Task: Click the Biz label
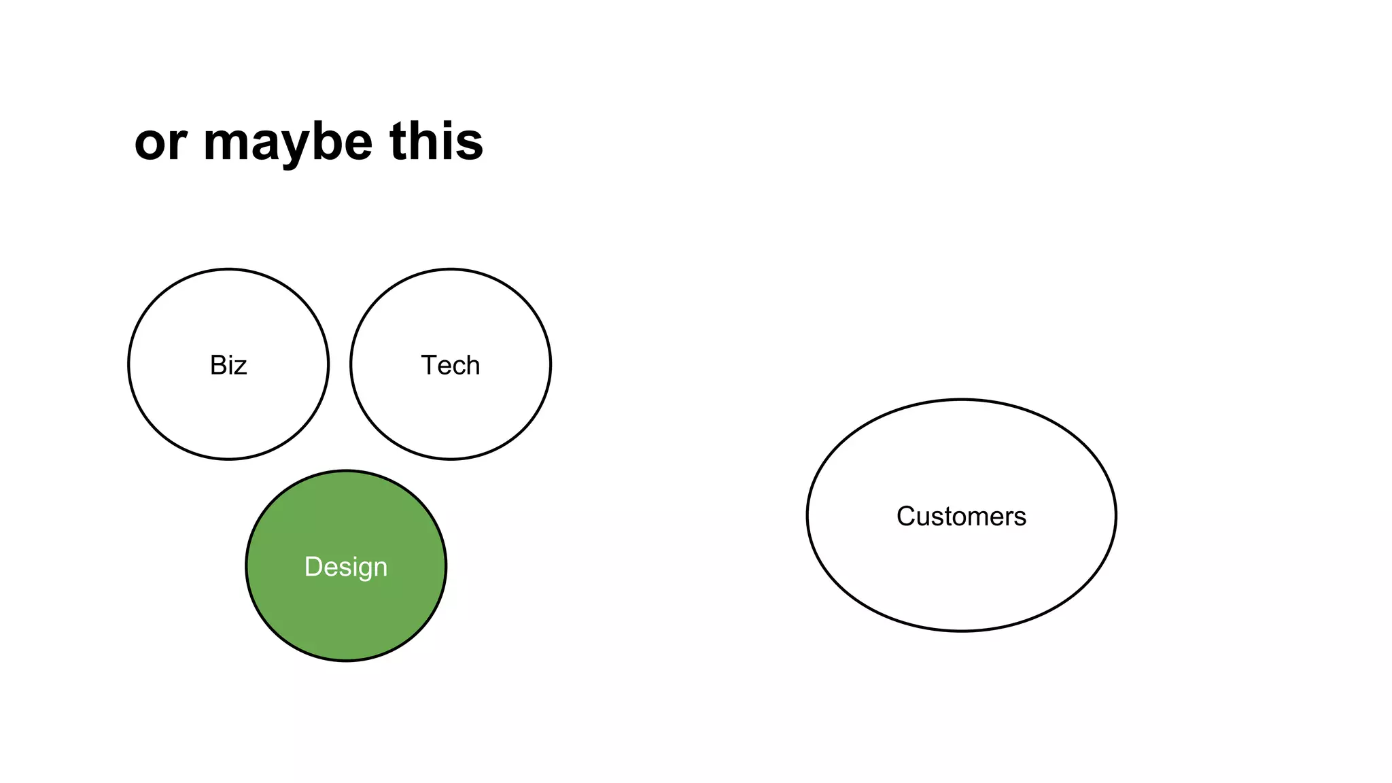coord(228,366)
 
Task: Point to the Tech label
coord(450,366)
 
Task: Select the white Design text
coord(345,567)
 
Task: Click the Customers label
coord(961,517)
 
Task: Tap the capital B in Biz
coord(217,366)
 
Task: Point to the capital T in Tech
coord(429,365)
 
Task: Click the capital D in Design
coord(313,567)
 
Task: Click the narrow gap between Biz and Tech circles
coord(339,365)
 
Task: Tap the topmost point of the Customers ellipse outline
coord(961,400)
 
